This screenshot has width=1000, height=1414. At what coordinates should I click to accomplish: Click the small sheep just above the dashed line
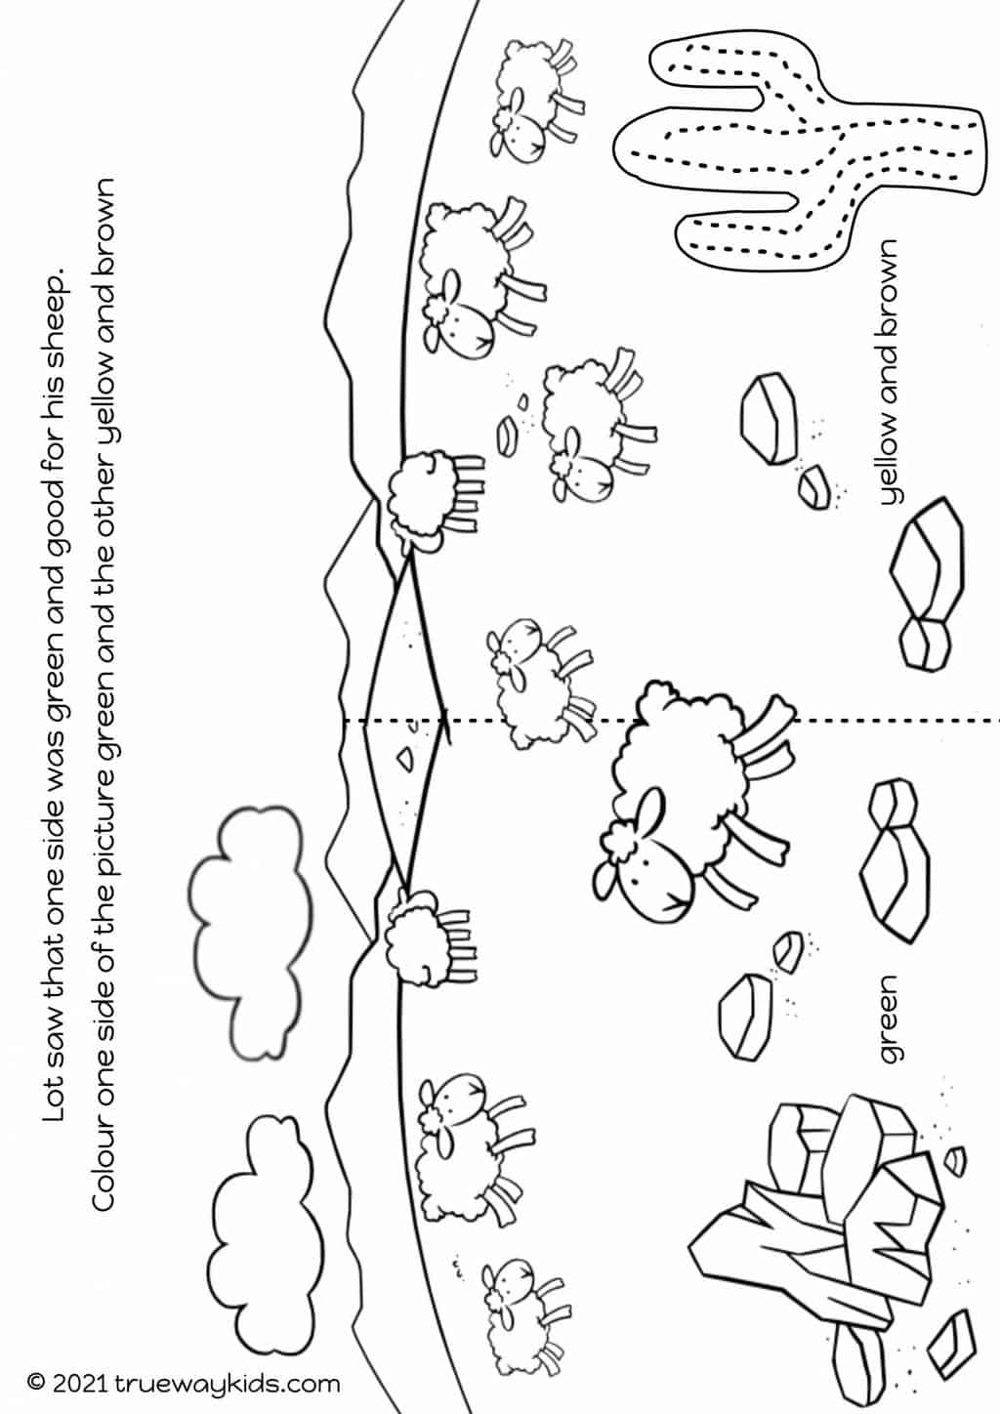point(540,682)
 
